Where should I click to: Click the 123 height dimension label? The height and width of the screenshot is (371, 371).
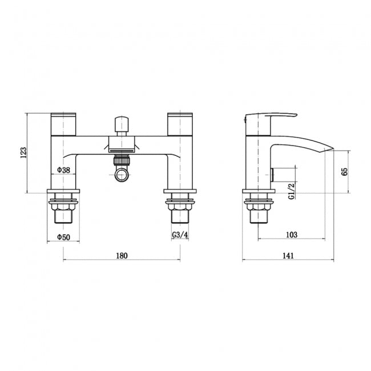[23, 152]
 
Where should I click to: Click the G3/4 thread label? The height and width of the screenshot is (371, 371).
[179, 236]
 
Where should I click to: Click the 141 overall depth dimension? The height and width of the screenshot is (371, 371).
[288, 256]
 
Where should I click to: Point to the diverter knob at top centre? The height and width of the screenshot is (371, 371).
[121, 125]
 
